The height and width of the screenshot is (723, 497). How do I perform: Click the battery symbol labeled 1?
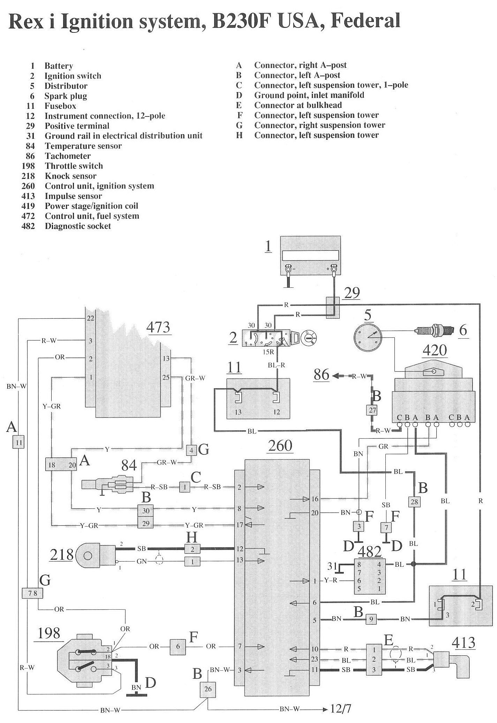[311, 259]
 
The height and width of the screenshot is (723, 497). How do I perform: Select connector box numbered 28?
[414, 502]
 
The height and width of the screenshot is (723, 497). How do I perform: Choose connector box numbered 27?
[372, 410]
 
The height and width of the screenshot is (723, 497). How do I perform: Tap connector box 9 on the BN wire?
[371, 619]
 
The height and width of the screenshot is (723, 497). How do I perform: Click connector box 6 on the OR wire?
[178, 646]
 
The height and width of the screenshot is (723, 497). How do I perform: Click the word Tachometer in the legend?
[68, 156]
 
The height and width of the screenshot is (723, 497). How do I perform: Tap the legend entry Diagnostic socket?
[78, 226]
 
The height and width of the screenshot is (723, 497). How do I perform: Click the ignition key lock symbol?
[307, 338]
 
